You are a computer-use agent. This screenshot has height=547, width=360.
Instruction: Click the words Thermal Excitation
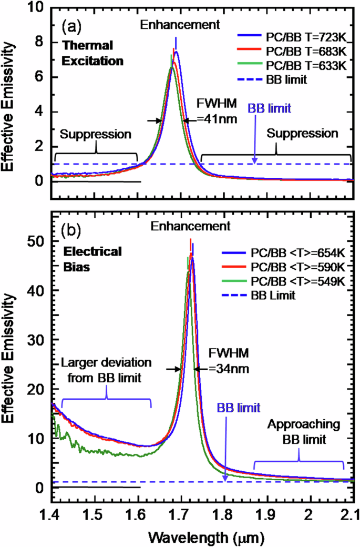(x=92, y=54)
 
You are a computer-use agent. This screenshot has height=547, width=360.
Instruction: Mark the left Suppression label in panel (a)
(x=95, y=134)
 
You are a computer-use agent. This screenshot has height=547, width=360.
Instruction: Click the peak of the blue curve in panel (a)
(x=177, y=52)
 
